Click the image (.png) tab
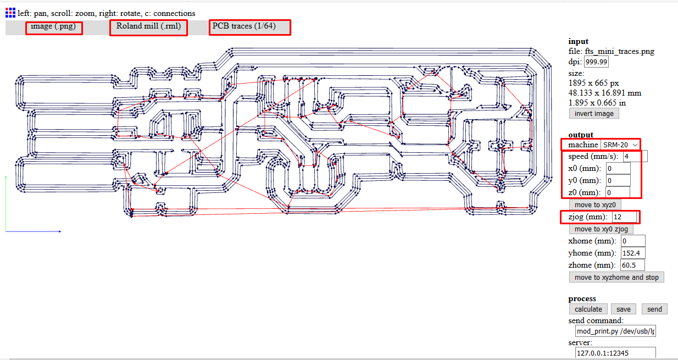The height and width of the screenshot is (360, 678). click(53, 27)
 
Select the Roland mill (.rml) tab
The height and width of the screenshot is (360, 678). click(148, 27)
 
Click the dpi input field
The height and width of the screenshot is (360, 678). click(596, 62)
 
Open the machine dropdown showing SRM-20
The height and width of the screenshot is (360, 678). click(620, 145)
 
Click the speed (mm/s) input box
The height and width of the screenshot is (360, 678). click(635, 156)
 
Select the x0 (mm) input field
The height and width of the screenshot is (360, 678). click(618, 168)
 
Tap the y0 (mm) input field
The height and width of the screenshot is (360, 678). click(618, 180)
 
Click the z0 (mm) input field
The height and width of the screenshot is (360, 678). click(618, 192)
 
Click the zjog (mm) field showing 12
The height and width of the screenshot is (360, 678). click(624, 217)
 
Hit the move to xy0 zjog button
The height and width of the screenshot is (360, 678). click(601, 229)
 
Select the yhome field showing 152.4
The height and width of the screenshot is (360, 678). click(632, 253)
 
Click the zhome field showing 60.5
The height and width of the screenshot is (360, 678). click(632, 265)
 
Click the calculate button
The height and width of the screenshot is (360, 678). click(588, 309)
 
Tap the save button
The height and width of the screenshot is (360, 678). click(624, 309)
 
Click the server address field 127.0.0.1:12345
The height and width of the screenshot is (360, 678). click(615, 353)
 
